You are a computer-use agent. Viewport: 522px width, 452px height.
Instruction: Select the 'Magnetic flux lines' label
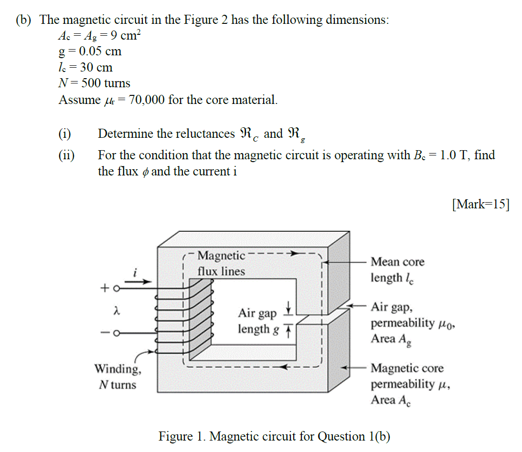click(221, 264)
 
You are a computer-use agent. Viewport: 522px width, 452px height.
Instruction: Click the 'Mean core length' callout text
click(397, 269)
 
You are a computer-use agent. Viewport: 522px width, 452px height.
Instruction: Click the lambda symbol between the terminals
click(115, 311)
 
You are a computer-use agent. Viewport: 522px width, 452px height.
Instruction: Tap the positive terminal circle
click(115, 288)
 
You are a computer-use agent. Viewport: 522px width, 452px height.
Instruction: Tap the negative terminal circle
click(115, 333)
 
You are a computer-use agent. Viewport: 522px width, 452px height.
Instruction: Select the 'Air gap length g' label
click(258, 321)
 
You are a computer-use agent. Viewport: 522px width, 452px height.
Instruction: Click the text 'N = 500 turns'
click(94, 83)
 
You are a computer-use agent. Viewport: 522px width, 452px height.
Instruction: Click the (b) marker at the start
click(24, 20)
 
